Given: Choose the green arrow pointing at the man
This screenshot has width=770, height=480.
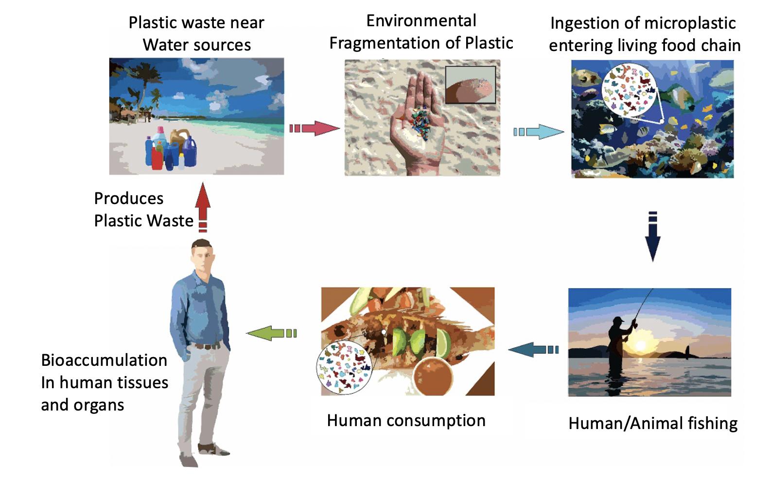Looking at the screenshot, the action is click(x=271, y=333).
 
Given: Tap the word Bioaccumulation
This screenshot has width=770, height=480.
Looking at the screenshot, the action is click(x=104, y=360).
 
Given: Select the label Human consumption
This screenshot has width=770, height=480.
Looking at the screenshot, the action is click(x=406, y=420).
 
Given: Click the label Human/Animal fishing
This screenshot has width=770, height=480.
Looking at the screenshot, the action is click(x=652, y=423).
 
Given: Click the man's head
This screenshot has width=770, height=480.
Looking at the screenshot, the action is click(x=202, y=256).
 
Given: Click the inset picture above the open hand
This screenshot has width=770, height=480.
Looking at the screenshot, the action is click(x=470, y=85).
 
